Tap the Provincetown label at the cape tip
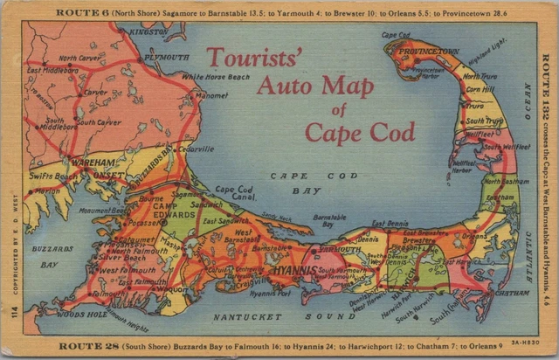click(x=429, y=52)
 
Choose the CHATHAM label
click(x=509, y=294)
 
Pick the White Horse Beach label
click(x=216, y=77)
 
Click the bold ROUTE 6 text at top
click(x=79, y=13)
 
